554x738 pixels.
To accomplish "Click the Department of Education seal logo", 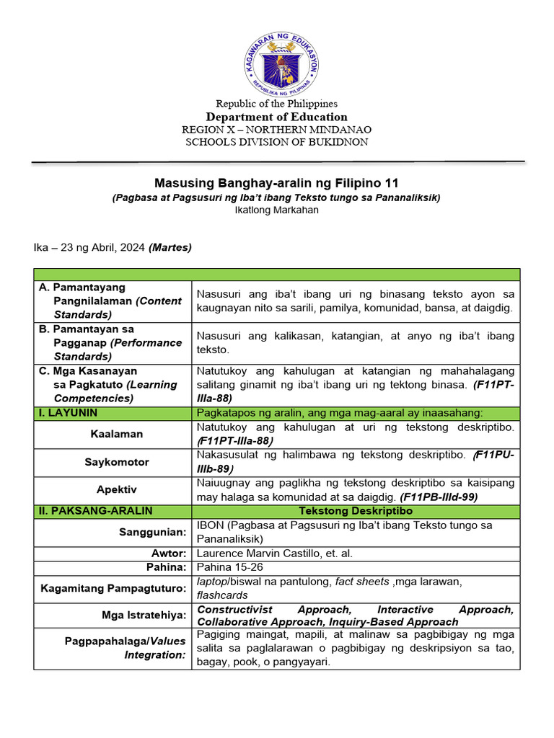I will click(277, 58).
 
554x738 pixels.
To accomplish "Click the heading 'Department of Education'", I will click(277, 117).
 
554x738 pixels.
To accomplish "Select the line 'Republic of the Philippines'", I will click(277, 104).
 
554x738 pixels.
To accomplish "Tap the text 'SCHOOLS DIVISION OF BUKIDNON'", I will click(277, 142).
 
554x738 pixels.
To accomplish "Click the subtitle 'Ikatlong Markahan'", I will click(277, 210).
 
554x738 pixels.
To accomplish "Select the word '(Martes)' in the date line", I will click(170, 247).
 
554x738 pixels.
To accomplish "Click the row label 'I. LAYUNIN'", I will click(69, 413).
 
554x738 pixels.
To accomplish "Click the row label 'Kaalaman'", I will click(116, 434).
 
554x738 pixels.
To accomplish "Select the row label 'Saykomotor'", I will click(116, 461).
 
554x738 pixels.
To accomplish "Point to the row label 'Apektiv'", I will click(116, 489).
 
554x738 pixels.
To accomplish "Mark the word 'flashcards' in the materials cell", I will click(222, 595).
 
